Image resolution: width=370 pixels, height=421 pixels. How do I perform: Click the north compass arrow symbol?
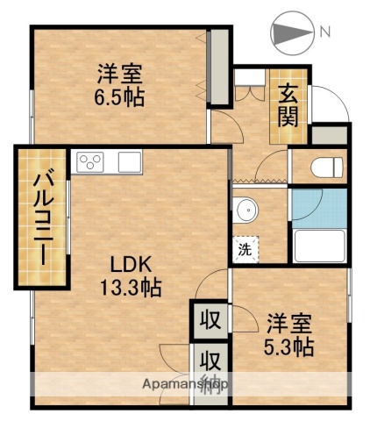tap(291, 32)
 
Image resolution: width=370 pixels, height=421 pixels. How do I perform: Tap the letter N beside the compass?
tap(324, 32)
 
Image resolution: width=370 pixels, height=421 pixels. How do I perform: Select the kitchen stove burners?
tap(91, 161)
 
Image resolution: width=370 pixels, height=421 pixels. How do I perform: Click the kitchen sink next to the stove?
tap(129, 161)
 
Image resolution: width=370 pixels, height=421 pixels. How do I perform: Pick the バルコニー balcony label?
tap(40, 217)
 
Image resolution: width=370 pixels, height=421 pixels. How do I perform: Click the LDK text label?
tap(131, 262)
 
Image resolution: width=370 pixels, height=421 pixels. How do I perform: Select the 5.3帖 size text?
tap(289, 346)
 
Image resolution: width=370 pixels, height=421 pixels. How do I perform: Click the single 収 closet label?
tap(210, 318)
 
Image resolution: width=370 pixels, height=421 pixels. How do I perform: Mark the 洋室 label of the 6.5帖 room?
tap(121, 73)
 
